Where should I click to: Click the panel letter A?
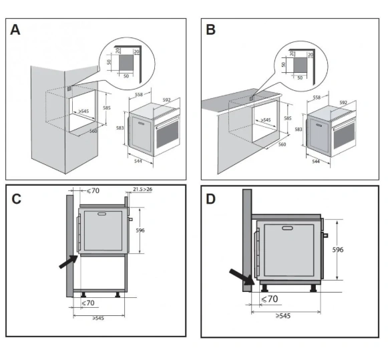click(15, 30)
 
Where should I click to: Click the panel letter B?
click(210, 29)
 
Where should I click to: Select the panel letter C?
click(16, 199)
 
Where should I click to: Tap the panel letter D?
click(210, 199)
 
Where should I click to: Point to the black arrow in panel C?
click(69, 262)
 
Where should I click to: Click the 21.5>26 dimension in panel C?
click(142, 189)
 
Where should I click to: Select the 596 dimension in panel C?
click(140, 230)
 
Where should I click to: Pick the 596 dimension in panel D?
click(338, 250)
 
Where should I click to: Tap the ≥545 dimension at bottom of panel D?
click(283, 316)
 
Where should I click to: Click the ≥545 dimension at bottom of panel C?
click(98, 318)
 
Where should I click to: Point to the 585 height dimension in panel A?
click(107, 108)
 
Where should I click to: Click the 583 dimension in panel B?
click(299, 129)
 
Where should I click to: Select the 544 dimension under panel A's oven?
click(138, 161)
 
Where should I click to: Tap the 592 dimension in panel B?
click(343, 102)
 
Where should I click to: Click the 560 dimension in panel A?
click(93, 131)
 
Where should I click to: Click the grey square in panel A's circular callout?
click(126, 63)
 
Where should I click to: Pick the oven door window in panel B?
click(344, 135)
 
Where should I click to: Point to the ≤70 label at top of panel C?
click(93, 190)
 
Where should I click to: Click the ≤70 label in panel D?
click(270, 299)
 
